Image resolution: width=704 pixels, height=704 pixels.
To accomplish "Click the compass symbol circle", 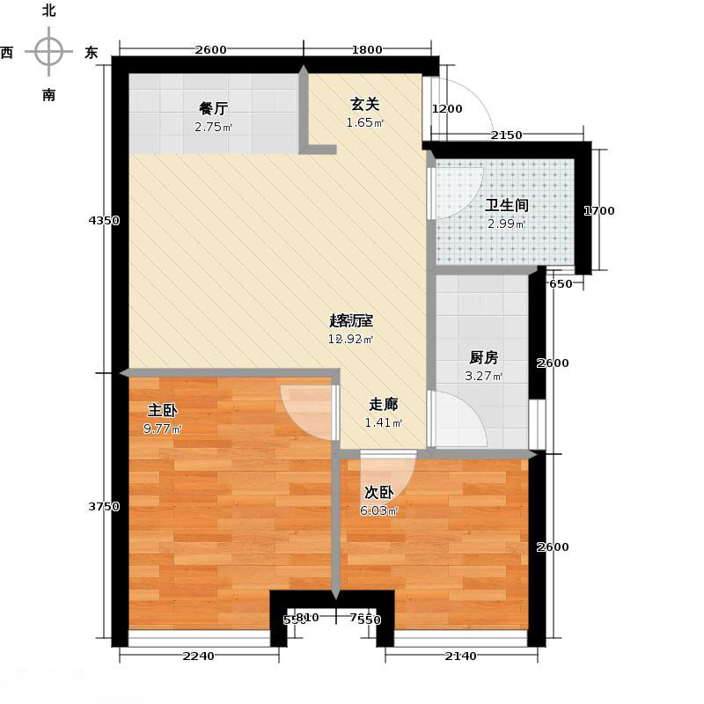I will tap(49, 52).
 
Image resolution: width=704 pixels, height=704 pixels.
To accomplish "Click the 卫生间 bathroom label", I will tap(507, 205).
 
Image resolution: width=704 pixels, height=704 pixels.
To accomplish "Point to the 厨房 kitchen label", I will tap(484, 357).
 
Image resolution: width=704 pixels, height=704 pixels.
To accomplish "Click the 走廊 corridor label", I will tap(384, 405).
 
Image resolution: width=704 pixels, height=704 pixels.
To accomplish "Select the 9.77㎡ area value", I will tap(164, 429).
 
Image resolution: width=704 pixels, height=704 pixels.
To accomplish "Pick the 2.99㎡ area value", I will tap(507, 224).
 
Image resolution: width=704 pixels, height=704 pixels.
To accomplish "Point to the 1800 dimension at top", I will tap(367, 49).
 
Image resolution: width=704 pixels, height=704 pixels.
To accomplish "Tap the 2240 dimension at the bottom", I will tap(200, 656).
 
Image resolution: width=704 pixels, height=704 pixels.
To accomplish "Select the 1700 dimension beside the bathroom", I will tap(600, 210).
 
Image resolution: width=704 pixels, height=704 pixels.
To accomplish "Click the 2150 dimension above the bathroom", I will tap(506, 135).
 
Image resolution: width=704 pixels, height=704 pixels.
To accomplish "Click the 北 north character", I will tap(49, 11).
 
